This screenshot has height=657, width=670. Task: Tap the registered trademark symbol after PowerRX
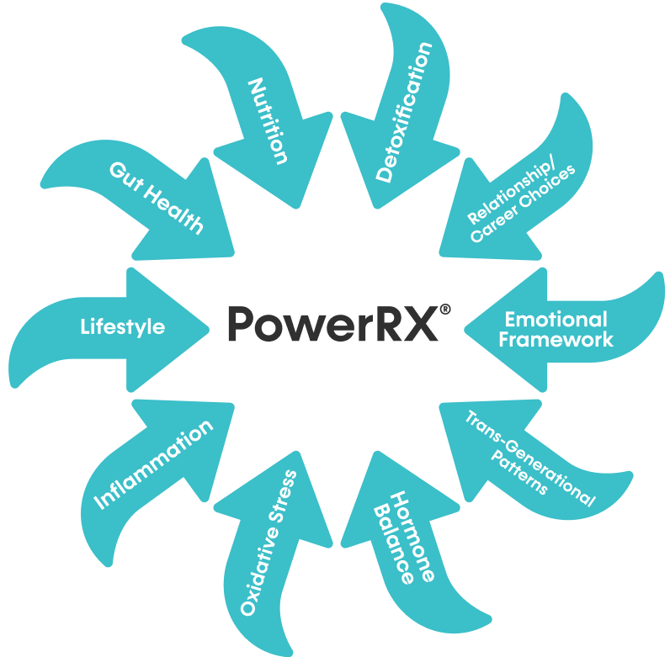tap(444, 309)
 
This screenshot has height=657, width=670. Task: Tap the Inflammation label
tap(152, 465)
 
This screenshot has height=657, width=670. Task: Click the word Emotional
tap(556, 320)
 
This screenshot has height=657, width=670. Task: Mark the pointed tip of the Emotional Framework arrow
tap(465, 325)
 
